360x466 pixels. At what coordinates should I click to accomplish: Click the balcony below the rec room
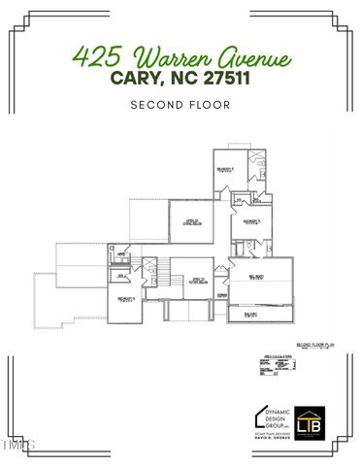pyautogui.click(x=254, y=314)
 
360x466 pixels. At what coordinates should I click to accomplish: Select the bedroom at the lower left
pyautogui.click(x=124, y=300)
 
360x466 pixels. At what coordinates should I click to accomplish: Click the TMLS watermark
pyautogui.click(x=17, y=446)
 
